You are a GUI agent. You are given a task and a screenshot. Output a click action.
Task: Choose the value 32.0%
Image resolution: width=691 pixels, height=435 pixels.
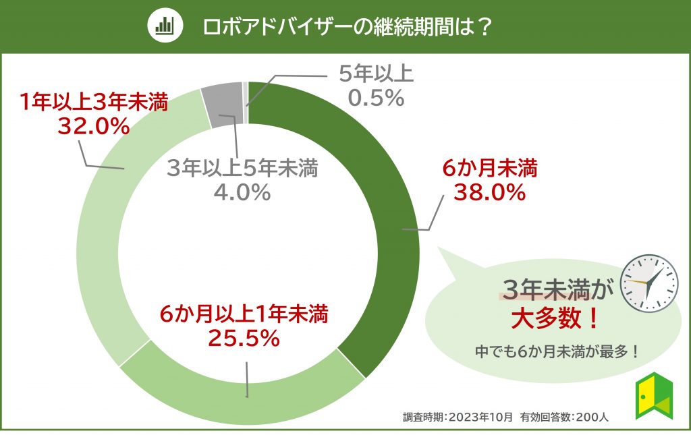(92, 125)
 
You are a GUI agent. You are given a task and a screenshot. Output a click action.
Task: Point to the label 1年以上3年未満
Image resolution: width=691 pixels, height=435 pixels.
(92, 103)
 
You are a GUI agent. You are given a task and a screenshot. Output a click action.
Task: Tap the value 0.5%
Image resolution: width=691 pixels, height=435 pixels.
(376, 98)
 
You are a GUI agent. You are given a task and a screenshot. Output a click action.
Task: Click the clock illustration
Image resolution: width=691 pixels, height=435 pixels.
(648, 283)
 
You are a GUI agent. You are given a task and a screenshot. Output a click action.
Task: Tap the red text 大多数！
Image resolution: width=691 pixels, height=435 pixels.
(554, 317)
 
